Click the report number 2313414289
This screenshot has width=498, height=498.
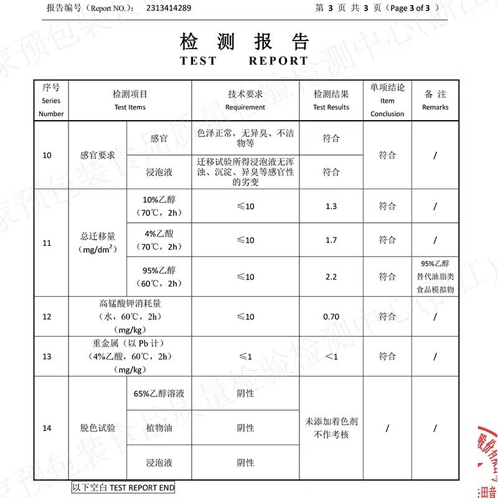point(169,8)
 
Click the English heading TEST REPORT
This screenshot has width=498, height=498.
point(244,61)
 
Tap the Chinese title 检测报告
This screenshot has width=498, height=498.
point(244,42)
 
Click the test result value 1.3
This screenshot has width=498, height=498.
point(331,206)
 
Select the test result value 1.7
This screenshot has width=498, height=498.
point(331,240)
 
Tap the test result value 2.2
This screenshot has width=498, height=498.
point(331,276)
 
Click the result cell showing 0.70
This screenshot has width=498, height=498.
point(331,316)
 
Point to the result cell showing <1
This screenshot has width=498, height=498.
point(331,356)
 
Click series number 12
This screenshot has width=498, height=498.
point(47,316)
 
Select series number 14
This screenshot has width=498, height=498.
point(47,428)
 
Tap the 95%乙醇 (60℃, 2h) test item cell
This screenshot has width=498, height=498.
point(159,276)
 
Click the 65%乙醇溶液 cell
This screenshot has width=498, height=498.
point(159,393)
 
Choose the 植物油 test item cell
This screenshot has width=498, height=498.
point(159,428)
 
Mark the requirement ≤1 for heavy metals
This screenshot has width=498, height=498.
point(245,356)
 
